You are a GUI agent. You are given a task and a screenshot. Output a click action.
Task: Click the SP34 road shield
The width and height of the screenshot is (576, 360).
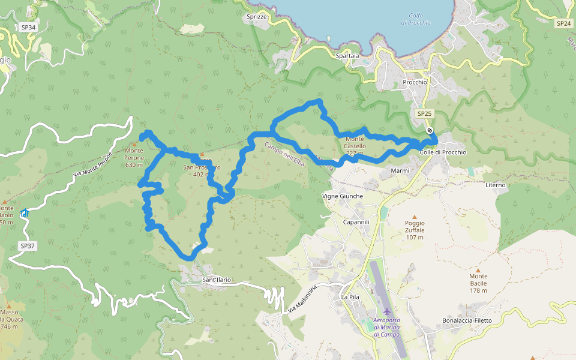(x=28, y=28)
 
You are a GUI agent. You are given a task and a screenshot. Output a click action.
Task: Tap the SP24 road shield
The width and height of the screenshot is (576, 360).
(x=563, y=23)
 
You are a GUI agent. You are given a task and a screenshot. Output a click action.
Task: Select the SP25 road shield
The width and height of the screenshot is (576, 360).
(x=424, y=113)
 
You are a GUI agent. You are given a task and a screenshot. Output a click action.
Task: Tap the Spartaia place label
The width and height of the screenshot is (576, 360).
(x=348, y=56)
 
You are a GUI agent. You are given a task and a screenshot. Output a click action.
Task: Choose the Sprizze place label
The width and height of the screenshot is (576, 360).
(x=256, y=17)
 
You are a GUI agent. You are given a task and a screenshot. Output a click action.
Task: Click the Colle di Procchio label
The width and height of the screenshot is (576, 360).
(x=443, y=152)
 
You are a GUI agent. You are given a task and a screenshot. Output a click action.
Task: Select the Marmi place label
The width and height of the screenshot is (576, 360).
(x=400, y=171)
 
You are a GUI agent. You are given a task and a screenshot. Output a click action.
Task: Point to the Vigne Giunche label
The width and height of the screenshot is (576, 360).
(x=343, y=196)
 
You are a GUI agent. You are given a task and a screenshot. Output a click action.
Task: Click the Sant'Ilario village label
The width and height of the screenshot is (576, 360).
(x=217, y=280)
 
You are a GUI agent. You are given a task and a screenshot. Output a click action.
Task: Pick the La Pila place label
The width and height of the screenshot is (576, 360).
(x=350, y=297)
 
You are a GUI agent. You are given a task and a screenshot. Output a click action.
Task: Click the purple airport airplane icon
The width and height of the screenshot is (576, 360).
(x=386, y=311)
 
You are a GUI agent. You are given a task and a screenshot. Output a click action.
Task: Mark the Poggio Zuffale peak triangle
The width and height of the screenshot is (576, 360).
(x=414, y=217)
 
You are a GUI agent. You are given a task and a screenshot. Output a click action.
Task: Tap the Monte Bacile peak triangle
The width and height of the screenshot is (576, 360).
(x=478, y=270)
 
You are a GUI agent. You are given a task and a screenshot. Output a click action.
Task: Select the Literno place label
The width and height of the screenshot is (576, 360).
(x=496, y=185)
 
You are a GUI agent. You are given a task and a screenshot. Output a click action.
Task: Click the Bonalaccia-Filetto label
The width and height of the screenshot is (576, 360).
(x=467, y=320)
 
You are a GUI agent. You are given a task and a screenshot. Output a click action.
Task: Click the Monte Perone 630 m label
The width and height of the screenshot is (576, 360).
(x=134, y=158)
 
